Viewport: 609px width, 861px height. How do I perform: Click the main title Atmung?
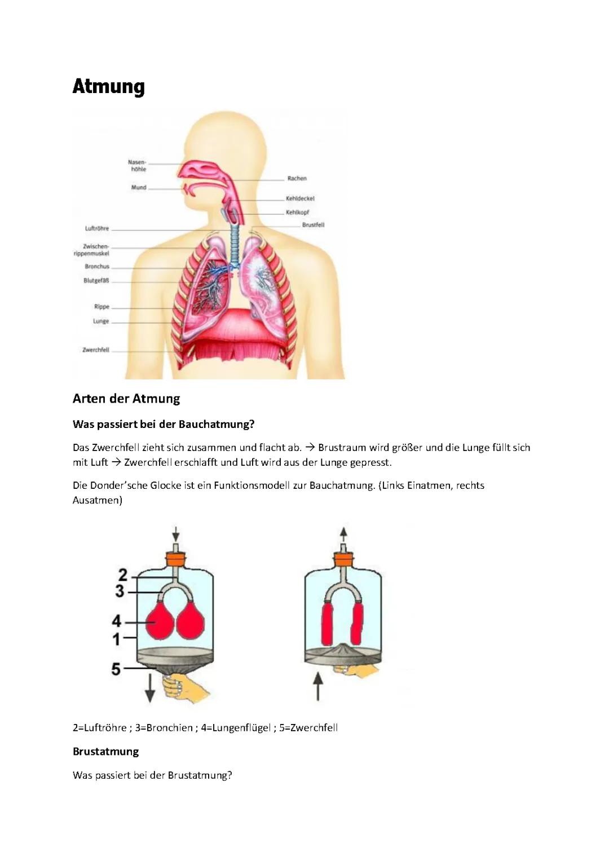coord(108,86)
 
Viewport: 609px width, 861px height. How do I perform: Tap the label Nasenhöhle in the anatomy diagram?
coord(137,166)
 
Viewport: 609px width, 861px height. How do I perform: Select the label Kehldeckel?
coord(300,198)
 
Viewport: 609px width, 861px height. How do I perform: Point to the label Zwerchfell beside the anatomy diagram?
coord(96,350)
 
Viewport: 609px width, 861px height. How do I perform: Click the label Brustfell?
coord(313,225)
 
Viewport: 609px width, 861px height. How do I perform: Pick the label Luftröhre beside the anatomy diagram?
coord(97,228)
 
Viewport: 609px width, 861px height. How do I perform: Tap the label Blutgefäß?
coord(96,281)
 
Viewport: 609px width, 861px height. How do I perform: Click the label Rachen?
coord(297,178)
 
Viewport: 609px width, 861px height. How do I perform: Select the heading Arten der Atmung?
coord(126,399)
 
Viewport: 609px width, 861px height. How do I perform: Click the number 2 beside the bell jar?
coord(123,575)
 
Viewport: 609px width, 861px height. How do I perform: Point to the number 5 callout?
coord(116,669)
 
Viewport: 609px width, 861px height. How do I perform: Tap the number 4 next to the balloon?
coord(117,621)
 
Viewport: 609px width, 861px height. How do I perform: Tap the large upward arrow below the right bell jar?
coord(317,686)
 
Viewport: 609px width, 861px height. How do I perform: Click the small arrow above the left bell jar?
coord(176,534)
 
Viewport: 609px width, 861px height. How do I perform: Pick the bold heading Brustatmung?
coord(106,752)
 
